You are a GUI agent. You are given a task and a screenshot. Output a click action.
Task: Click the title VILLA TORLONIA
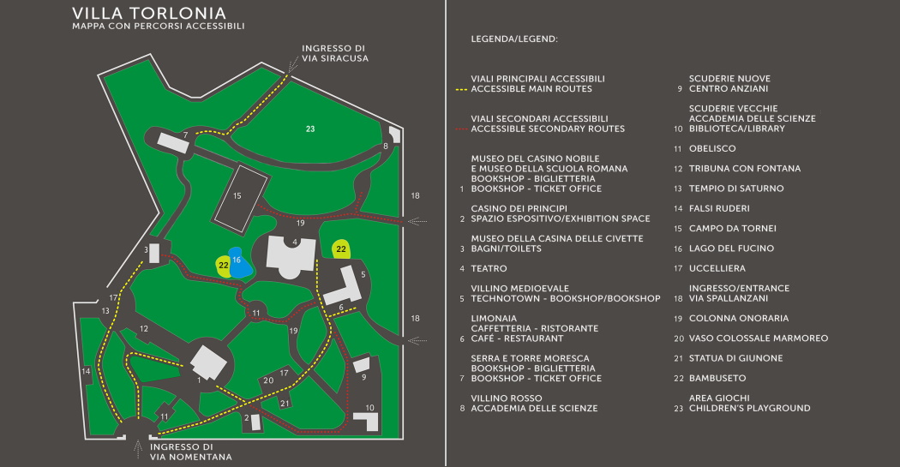pos(149,14)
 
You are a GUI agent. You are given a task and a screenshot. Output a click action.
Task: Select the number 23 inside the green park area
pos(310,129)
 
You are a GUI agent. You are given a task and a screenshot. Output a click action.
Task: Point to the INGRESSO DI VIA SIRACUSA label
pos(334,53)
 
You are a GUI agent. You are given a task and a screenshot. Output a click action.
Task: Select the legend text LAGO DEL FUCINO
pos(731,248)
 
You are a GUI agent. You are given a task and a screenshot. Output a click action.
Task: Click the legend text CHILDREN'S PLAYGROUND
pos(749,409)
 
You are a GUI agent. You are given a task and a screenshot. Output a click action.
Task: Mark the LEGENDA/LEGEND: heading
pos(514,39)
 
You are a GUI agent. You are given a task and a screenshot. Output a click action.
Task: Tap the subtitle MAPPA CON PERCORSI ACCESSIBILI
pos(159,27)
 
